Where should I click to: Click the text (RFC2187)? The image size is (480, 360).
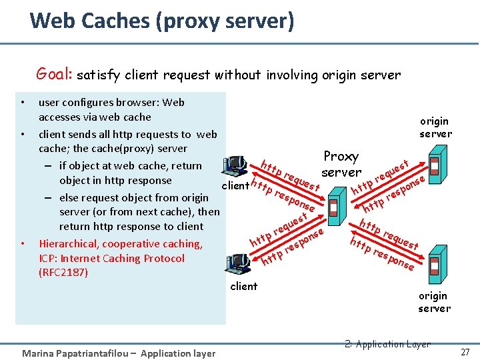[64, 273]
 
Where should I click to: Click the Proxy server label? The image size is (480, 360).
[341, 164]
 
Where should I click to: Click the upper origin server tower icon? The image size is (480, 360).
[435, 167]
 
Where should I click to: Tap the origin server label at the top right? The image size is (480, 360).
[435, 127]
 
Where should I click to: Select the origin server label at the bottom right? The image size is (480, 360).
[434, 301]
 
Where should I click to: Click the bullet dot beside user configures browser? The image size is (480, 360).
[23, 103]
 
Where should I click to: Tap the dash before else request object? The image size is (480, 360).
[50, 197]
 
